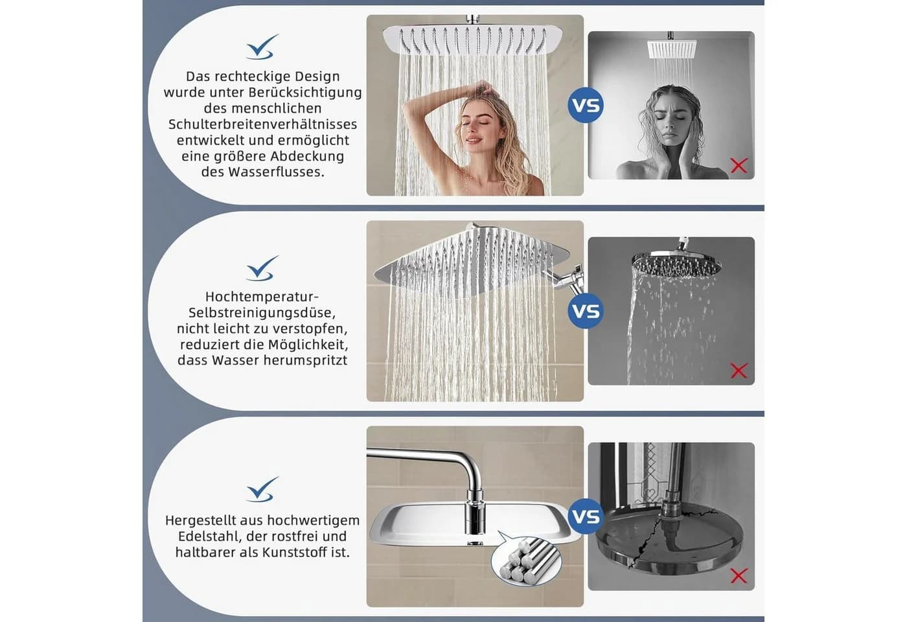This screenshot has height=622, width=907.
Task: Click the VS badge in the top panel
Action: [x=586, y=105]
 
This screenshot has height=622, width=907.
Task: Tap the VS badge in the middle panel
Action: [x=586, y=311]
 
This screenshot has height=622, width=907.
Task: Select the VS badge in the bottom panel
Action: [x=586, y=517]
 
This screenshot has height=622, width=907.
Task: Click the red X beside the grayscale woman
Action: [x=739, y=166]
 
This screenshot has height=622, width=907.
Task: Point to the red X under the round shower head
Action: [x=739, y=371]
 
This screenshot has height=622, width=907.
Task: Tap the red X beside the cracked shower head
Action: [x=739, y=575]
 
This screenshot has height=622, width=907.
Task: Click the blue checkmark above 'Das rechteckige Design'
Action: [x=262, y=47]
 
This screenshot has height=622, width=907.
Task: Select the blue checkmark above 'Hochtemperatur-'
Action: [x=262, y=268]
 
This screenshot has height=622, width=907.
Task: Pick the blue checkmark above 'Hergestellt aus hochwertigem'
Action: [x=262, y=489]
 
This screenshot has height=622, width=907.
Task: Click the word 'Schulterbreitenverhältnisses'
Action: [x=263, y=124]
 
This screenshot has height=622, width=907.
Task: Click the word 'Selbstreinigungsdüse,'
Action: [x=262, y=312]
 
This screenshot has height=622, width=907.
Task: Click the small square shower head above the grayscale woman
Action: [x=672, y=49]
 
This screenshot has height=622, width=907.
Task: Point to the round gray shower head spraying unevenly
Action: [x=676, y=263]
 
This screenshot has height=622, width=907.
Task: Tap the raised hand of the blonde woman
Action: [x=485, y=87]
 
